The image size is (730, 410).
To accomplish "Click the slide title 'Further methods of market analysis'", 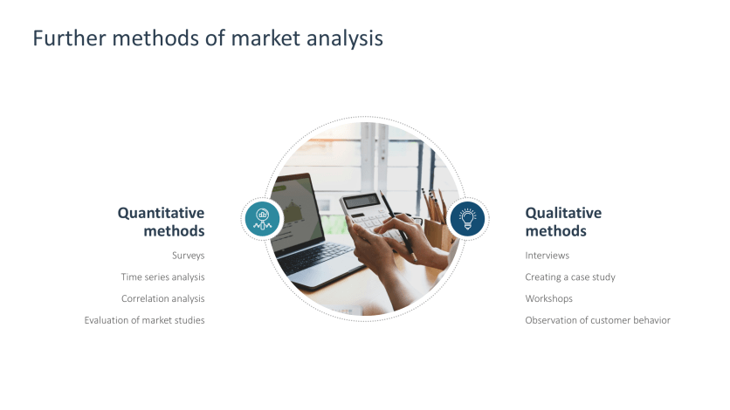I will tap(208, 39).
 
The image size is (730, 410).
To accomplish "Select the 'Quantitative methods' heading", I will tap(162, 222).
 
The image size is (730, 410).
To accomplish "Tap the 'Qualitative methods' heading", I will tap(563, 222).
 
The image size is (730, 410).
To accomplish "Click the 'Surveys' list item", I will tap(189, 256).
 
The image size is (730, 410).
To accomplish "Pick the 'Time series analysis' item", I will tap(163, 277).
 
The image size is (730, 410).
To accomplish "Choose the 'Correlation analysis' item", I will tap(163, 298).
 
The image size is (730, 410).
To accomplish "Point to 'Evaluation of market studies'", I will tap(145, 320).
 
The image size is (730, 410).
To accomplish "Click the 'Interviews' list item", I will tap(547, 256).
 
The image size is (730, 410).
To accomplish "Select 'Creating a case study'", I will tap(570, 277).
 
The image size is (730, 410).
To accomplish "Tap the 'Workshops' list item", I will tap(548, 298).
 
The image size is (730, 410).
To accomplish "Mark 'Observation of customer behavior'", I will tap(597, 320).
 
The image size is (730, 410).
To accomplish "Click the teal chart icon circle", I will tap(262, 218).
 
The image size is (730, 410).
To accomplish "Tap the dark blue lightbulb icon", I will tap(467, 218).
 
